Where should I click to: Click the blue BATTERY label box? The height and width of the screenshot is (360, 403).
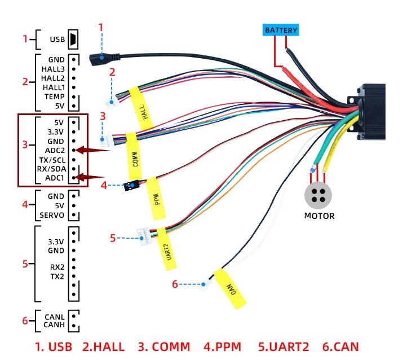pos(281,30)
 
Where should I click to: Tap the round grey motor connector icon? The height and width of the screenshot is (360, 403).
pos(318,195)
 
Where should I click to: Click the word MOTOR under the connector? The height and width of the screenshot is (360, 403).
pos(319,216)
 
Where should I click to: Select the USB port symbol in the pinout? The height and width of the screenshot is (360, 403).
pos(73,39)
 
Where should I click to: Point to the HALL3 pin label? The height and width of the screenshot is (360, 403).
pos(53,69)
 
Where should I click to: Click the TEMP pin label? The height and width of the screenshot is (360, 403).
pos(54,96)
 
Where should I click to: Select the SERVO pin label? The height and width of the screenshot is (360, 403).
pos(52,216)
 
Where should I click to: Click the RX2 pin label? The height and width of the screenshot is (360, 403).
pos(56,267)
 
